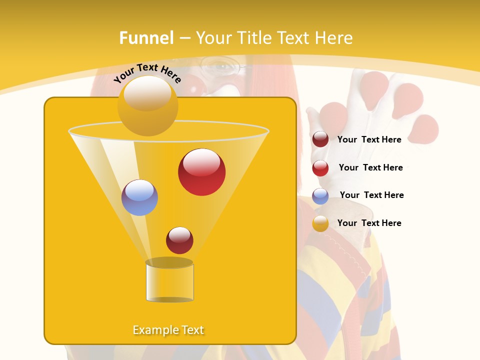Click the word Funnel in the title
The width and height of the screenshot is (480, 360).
[x=146, y=38]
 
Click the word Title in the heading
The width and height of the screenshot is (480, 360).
[x=253, y=38]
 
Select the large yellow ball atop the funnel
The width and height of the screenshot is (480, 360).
[x=147, y=105]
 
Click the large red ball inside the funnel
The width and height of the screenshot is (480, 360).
[x=201, y=171]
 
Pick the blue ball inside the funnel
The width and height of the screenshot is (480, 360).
[x=139, y=197]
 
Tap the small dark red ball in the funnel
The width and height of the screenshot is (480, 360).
[x=179, y=240]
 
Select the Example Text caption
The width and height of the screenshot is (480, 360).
[x=168, y=330]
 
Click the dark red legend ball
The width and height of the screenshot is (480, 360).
[x=320, y=139]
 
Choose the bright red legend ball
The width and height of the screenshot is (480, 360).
[x=320, y=168]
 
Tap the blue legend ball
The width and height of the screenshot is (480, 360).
[x=320, y=196]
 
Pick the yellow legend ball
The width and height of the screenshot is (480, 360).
[x=320, y=223]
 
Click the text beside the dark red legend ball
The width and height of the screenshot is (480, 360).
[x=369, y=139]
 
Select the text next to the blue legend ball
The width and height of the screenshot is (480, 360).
[x=371, y=195]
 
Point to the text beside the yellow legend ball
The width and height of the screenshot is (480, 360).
[x=369, y=223]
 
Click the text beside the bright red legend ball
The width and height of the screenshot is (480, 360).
[x=370, y=167]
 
